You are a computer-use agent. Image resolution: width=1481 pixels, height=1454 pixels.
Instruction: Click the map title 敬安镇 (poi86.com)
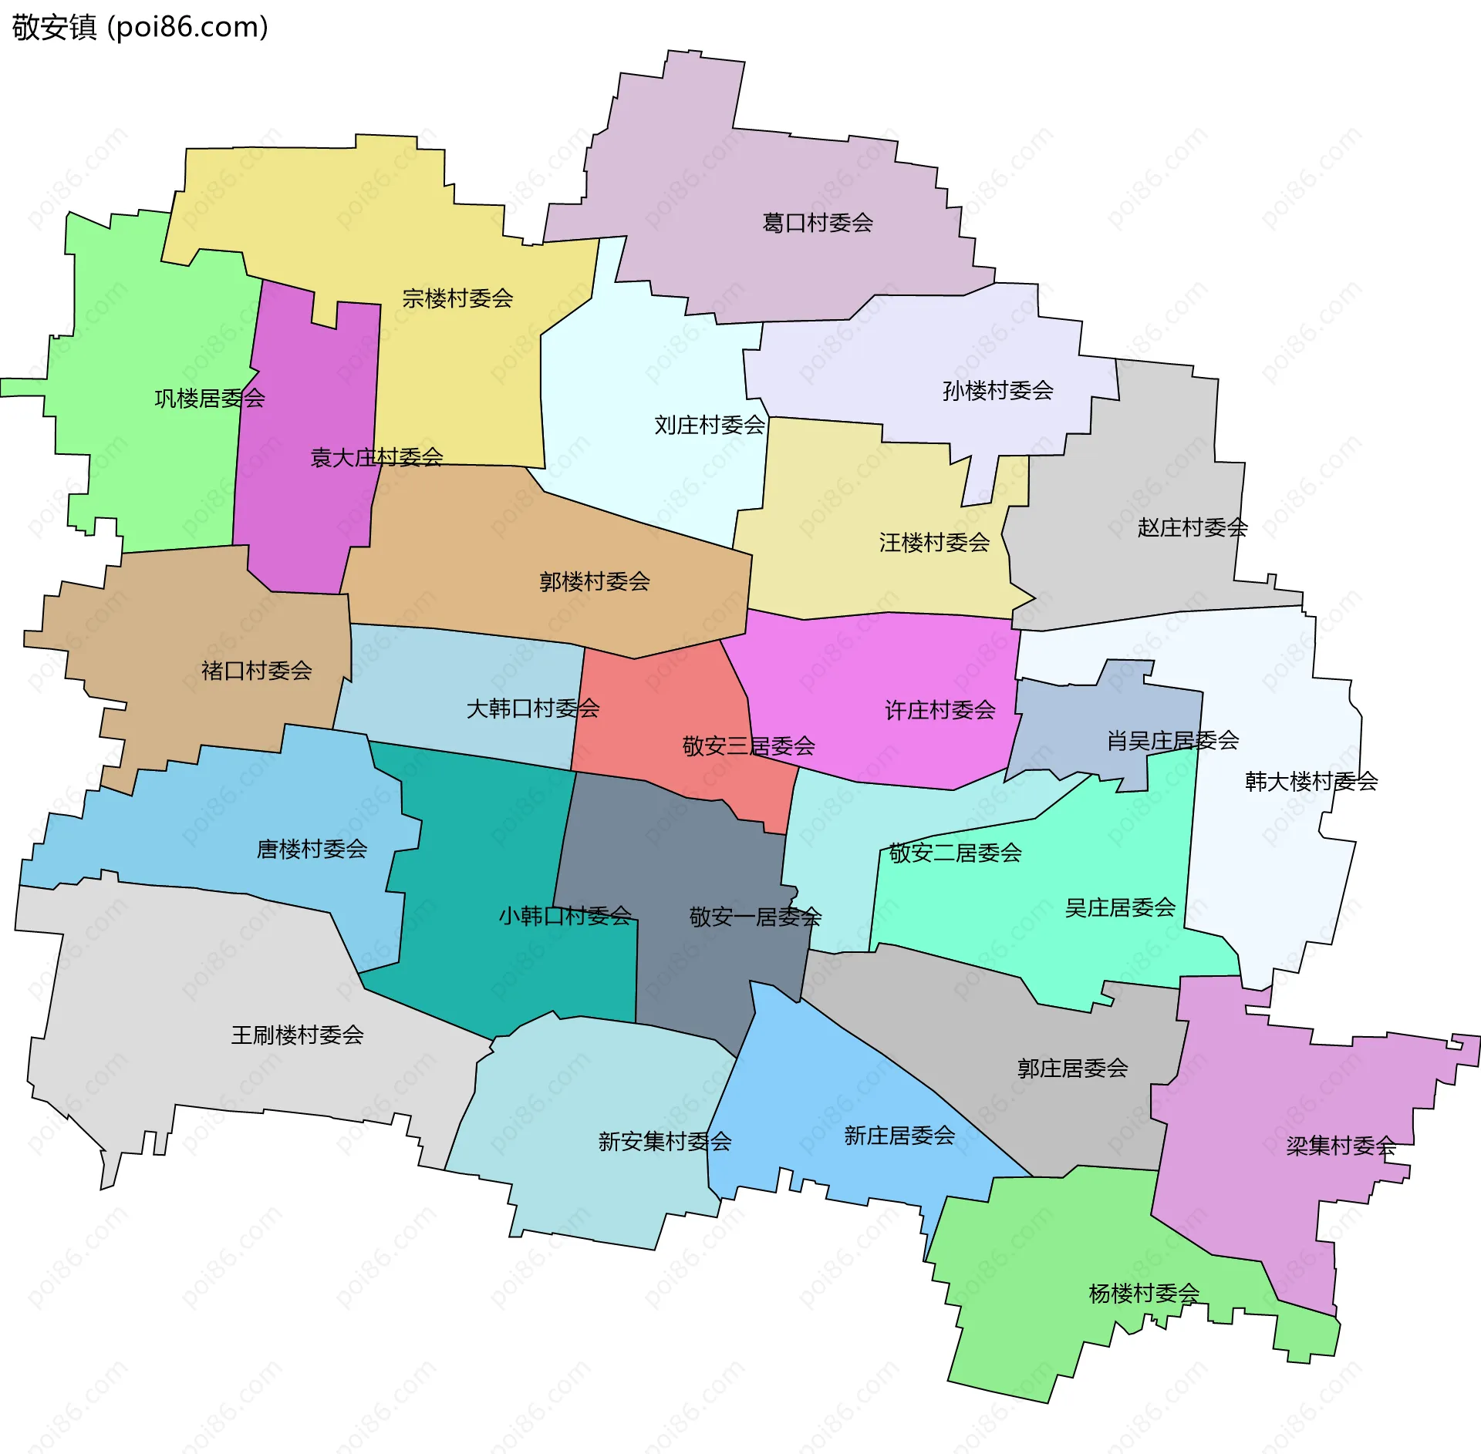[140, 27]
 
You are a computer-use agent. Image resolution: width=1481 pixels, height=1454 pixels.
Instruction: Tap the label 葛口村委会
[817, 223]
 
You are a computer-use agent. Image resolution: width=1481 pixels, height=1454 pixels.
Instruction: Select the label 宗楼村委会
[457, 298]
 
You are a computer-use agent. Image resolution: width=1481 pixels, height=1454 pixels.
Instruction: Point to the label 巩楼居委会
[209, 399]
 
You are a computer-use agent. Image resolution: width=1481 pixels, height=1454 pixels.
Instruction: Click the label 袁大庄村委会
[376, 457]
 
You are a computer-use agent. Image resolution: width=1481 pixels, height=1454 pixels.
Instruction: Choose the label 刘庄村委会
[709, 425]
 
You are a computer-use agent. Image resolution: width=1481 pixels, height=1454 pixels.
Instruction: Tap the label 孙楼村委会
[997, 390]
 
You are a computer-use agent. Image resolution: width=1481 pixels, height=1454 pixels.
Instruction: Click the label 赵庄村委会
[1192, 527]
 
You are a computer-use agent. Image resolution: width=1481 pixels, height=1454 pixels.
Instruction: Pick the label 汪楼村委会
[934, 543]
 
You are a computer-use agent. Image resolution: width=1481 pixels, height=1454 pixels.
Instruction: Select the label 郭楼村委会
[594, 581]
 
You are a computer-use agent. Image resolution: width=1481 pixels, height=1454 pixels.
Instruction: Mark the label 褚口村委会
[256, 671]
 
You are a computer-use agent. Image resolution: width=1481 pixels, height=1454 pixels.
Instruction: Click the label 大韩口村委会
[532, 708]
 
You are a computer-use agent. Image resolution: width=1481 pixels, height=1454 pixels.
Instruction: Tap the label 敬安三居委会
[748, 746]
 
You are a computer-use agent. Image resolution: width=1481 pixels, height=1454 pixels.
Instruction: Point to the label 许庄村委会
[940, 710]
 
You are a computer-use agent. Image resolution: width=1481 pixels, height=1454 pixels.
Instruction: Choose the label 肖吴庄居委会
[1172, 741]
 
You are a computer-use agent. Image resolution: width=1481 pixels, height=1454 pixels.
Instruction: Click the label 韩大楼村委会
[1311, 782]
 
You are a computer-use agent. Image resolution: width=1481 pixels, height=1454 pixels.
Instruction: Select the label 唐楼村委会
[312, 849]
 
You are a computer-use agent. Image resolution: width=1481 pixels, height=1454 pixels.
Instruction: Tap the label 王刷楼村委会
[297, 1035]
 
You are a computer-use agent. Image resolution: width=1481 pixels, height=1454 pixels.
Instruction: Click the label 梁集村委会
[1341, 1146]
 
